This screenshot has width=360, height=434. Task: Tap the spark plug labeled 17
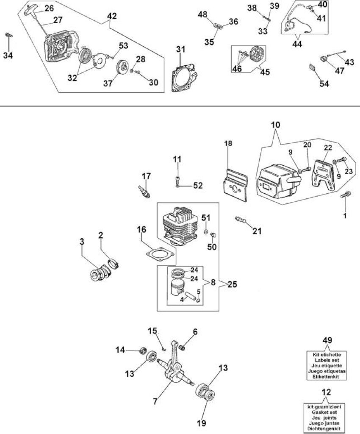[x=144, y=192]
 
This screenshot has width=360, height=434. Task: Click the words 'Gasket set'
[x=326, y=412]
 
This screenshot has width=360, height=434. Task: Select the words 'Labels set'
[x=327, y=360]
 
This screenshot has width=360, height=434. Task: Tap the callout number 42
[x=112, y=16]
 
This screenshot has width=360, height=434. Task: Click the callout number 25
[x=232, y=284]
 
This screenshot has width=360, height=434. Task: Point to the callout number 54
[x=324, y=83]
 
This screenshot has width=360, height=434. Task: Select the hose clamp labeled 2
[x=114, y=263]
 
